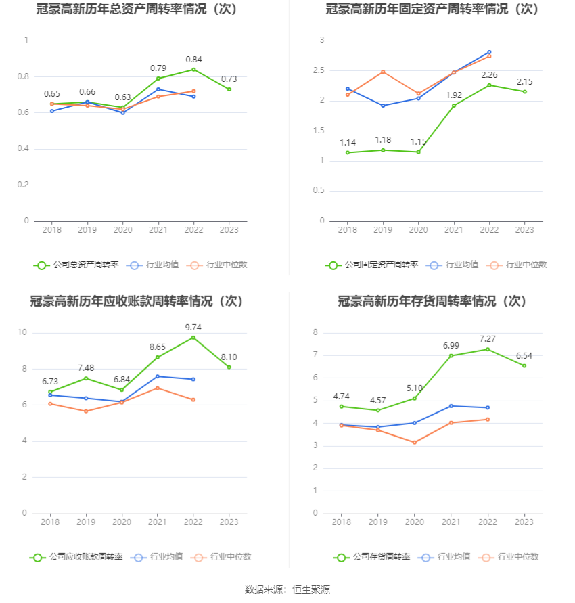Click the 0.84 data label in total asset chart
coord(193,60)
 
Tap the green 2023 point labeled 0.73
coord(229,89)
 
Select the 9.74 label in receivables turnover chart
coord(193,328)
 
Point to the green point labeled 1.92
coord(453,106)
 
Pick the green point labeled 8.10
coord(229,367)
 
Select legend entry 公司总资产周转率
coord(76,265)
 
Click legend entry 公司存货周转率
coord(371,557)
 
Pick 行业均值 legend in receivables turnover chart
coord(158,557)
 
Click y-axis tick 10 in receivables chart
coord(22,332)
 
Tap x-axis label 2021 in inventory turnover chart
coord(452,522)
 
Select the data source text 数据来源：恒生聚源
coord(287,589)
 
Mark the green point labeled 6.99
coord(451,356)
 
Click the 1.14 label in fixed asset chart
coord(348,143)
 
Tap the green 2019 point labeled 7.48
coord(86,378)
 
